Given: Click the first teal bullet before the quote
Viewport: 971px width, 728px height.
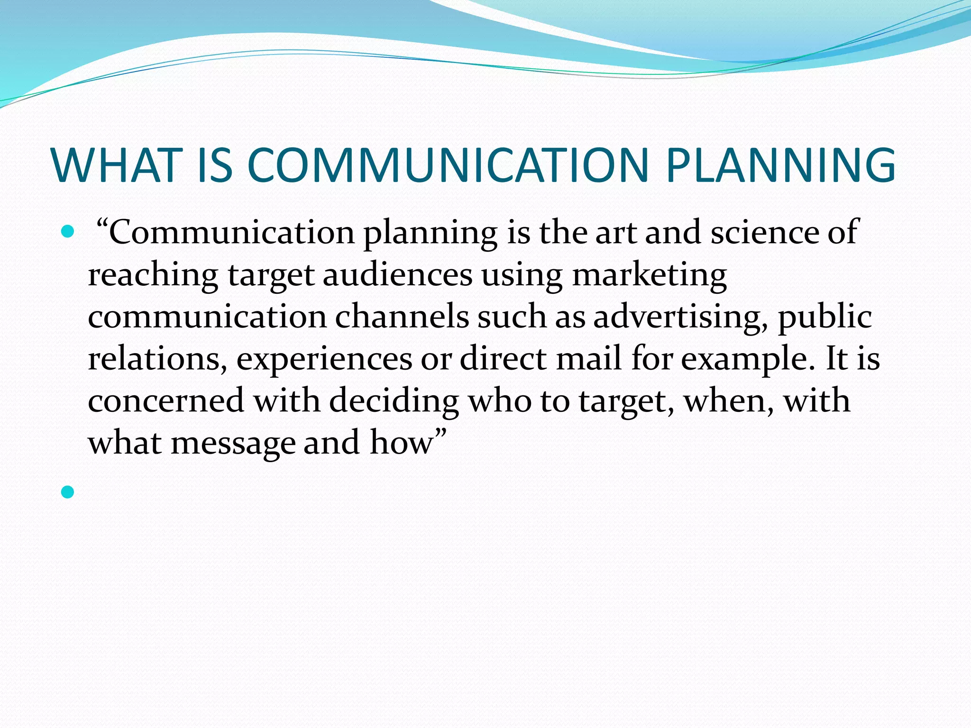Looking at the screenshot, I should (x=68, y=232).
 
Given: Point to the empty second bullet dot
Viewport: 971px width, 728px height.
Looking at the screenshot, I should (x=68, y=492).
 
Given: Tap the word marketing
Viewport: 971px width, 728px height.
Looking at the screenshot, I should (x=649, y=275).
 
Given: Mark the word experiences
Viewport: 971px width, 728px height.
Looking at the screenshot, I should (x=324, y=359).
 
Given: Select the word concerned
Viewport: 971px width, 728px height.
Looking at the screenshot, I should (x=166, y=400).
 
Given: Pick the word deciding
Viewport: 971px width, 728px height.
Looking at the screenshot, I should (x=394, y=401).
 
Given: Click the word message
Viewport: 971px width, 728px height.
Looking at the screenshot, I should (x=233, y=443).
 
